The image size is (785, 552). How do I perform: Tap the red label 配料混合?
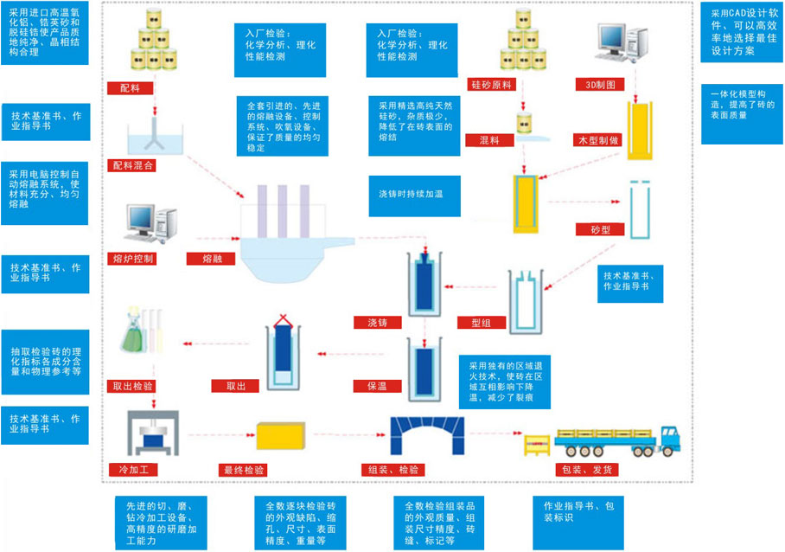(135, 164)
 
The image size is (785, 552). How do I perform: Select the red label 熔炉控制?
(135, 258)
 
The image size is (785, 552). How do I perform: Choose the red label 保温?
(375, 386)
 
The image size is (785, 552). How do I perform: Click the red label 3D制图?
(602, 85)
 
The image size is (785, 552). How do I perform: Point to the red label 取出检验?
(135, 386)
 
